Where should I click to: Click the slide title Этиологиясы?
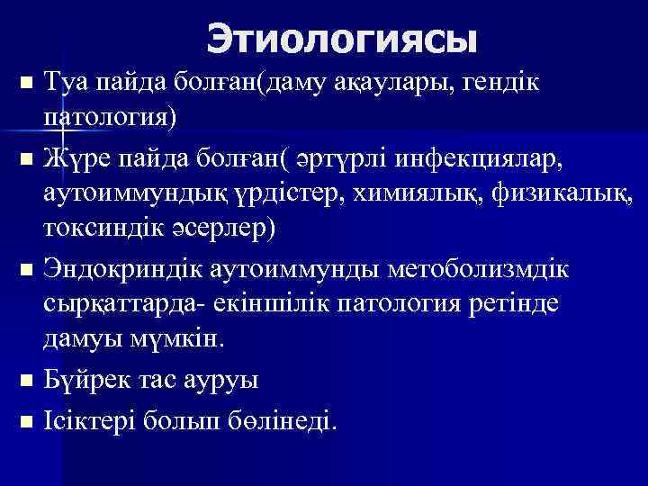coord(341,39)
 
